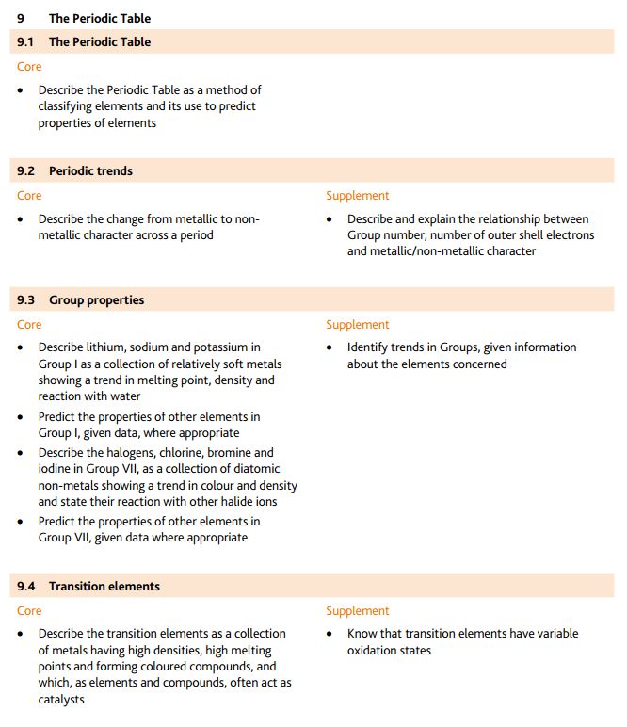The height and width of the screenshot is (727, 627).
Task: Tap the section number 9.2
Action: (26, 170)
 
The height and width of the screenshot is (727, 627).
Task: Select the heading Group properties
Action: (96, 300)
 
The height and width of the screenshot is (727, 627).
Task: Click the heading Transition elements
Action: (104, 586)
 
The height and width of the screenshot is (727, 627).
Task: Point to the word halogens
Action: (140, 452)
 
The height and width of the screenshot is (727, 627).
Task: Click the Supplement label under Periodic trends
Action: (357, 196)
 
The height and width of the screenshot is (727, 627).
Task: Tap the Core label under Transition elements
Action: (29, 611)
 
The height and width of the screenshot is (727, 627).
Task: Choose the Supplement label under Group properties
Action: (357, 325)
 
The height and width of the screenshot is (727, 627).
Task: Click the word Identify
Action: (370, 347)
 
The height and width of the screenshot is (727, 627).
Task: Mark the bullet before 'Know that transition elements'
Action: (330, 634)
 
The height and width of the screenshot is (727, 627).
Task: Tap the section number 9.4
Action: (26, 586)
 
